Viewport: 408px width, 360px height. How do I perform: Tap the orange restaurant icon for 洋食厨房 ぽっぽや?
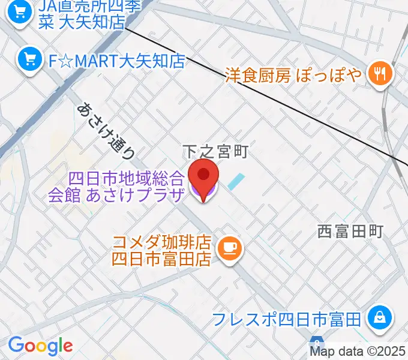point(380,74)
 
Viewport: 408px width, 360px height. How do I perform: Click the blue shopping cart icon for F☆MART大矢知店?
point(28,59)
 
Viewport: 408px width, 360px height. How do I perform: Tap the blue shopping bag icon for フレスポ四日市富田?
point(379,317)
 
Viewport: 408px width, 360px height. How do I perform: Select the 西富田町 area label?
point(350,231)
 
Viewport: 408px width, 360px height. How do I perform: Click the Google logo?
point(40,345)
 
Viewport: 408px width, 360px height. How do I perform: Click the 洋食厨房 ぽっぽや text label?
point(293,75)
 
